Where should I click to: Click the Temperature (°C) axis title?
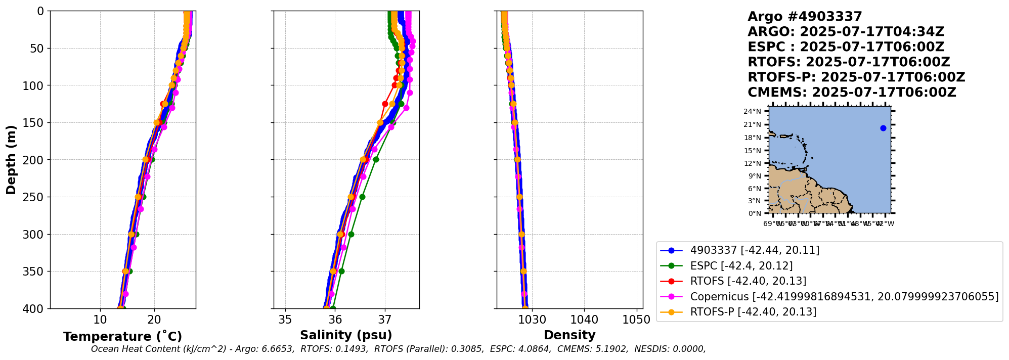(x=122, y=337)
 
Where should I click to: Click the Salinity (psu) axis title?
(x=346, y=335)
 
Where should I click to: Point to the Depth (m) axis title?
(x=11, y=159)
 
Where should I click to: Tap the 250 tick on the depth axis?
(x=35, y=197)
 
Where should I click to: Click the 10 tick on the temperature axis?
(x=100, y=320)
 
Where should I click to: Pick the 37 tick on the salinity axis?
(x=385, y=320)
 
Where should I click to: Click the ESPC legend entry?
(x=741, y=265)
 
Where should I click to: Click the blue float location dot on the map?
(x=883, y=128)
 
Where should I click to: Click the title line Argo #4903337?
(x=805, y=17)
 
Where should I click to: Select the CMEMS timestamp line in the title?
(x=852, y=93)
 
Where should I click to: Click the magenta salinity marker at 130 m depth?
(x=406, y=108)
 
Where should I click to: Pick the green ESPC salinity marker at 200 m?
(x=376, y=159)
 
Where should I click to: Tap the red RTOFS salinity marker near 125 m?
(x=385, y=104)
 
